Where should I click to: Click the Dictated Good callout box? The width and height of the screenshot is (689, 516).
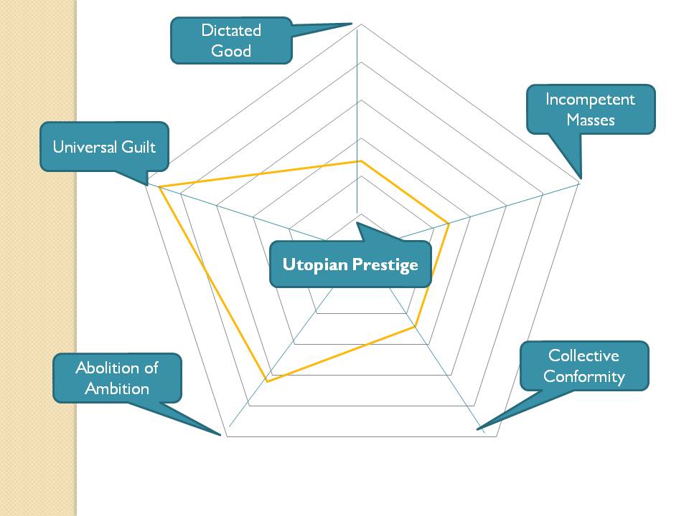[231, 41]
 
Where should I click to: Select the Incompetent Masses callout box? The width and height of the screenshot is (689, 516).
[591, 110]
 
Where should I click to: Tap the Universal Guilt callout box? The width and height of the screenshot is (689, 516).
[104, 147]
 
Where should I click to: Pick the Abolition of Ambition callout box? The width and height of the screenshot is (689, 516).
[117, 378]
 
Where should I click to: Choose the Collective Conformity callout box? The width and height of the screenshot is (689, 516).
[583, 365]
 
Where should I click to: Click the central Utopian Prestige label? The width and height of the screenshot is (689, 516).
[350, 264]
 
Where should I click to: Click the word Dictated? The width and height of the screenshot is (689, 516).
[231, 31]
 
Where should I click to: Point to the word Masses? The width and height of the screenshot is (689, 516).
[591, 120]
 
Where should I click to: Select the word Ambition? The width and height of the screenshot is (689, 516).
[117, 388]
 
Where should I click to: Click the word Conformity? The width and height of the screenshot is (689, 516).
[584, 376]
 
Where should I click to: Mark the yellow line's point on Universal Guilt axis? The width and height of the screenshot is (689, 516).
[159, 188]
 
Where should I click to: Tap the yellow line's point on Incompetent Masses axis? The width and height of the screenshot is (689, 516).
[449, 224]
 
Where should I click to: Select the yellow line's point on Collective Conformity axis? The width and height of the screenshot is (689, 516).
[414, 328]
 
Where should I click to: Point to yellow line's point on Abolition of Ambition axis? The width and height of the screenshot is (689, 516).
[267, 382]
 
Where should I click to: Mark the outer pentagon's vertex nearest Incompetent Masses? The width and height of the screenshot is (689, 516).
[579, 184]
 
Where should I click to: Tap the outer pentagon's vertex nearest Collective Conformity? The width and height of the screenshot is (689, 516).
[497, 436]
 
